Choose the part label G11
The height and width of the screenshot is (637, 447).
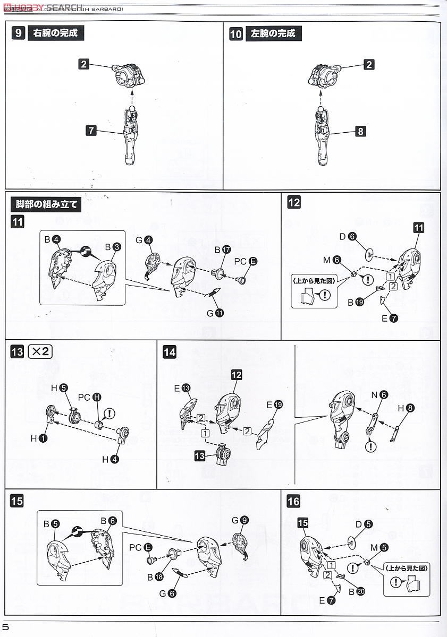tap(215, 313)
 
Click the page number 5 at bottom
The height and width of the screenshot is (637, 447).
tap(5, 627)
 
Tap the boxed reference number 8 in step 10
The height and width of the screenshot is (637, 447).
tap(361, 131)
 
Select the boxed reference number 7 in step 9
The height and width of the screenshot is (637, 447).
tap(92, 130)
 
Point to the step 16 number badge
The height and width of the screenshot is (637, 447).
tap(293, 501)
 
